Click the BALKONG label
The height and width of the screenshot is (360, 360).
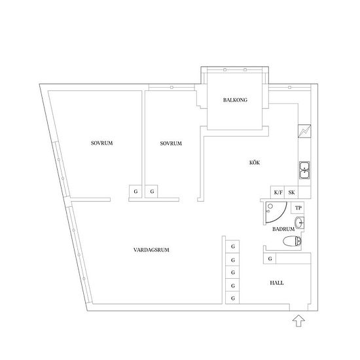point(235,100)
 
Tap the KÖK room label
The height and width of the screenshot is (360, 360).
point(255,162)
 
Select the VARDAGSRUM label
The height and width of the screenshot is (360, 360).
point(151,250)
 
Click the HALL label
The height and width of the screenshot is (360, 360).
point(277,283)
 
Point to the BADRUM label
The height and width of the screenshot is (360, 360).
point(283,229)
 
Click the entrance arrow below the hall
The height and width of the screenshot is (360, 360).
point(298,321)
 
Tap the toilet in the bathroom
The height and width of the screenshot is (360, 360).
point(292,242)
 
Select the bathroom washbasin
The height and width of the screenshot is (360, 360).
point(299,223)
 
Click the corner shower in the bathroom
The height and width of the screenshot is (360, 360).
point(276,212)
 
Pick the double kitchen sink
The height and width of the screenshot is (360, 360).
point(304,170)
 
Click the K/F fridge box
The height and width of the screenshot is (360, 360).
point(278,192)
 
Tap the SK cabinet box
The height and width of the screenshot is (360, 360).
point(291,192)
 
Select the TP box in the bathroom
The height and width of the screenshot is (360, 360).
point(298,208)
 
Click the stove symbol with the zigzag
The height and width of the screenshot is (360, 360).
point(304,131)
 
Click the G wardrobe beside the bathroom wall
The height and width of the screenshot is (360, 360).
point(270,259)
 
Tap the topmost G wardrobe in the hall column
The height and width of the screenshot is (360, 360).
point(232,247)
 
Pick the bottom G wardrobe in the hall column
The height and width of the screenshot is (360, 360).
point(232,298)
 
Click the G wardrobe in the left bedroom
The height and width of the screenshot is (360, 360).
point(135,191)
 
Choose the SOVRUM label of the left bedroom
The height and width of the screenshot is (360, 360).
point(101,143)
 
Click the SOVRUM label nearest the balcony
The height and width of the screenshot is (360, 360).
point(171,143)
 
